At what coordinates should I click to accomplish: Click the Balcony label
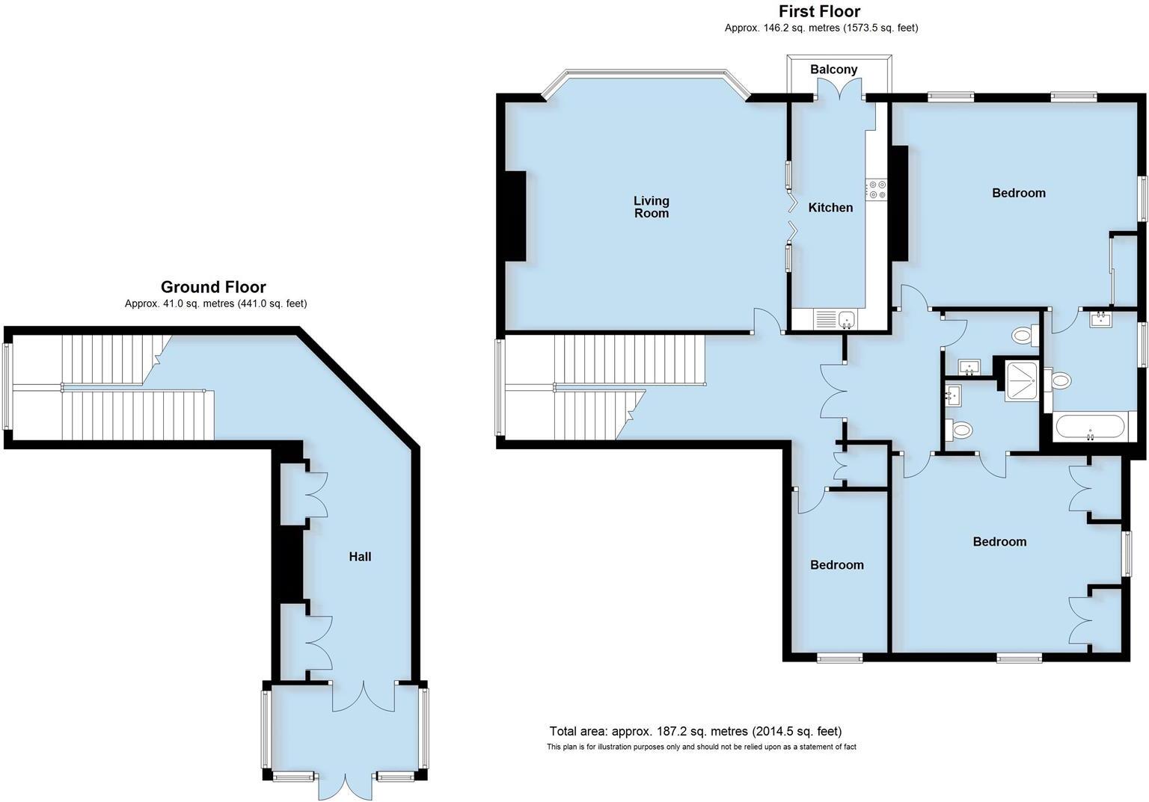[833, 70]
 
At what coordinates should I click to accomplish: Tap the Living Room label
[651, 207]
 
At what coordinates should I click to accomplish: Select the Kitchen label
[830, 208]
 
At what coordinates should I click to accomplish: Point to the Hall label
[360, 557]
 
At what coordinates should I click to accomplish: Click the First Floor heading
[819, 11]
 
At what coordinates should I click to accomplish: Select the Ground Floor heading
[213, 287]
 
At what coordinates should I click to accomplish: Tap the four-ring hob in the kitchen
[876, 190]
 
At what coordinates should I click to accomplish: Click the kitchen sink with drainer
[836, 320]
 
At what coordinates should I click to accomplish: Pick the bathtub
[1088, 428]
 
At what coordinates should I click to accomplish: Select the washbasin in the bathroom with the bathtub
[1100, 320]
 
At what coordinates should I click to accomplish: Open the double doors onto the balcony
[838, 90]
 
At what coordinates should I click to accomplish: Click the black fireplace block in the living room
[515, 216]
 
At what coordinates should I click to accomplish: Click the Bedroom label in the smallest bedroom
[836, 565]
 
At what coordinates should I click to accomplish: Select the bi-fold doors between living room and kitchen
[790, 217]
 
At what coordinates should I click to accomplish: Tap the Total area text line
[695, 731]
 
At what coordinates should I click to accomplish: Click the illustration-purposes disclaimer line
[701, 747]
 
